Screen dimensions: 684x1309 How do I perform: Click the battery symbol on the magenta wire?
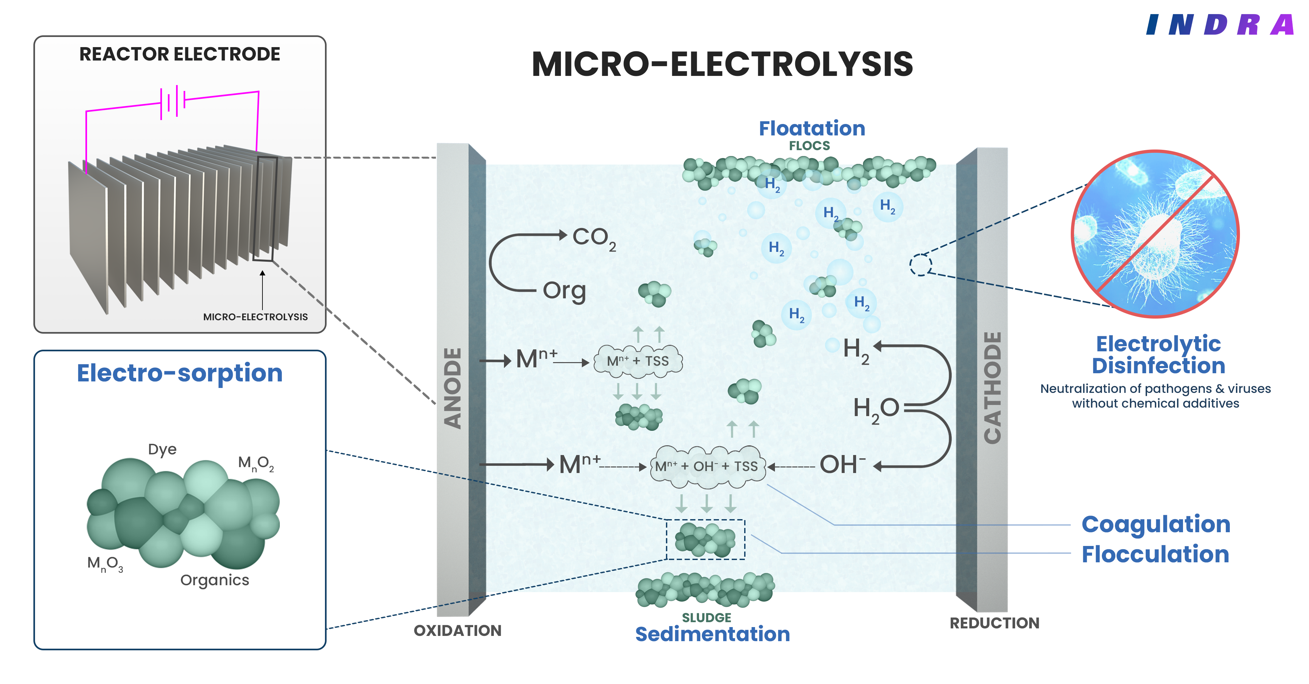pos(173,101)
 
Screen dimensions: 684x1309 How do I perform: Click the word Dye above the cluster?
pos(162,449)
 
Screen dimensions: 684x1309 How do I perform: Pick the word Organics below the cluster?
pos(214,580)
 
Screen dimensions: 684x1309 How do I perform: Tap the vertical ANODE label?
pos(452,389)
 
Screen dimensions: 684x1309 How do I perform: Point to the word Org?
pos(564,291)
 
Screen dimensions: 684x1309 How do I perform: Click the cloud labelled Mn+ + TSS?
pos(638,361)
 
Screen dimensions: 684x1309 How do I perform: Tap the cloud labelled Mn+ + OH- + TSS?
pos(706,466)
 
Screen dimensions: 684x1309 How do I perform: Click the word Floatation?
pos(812,129)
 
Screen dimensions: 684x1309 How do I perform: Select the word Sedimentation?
pos(712,634)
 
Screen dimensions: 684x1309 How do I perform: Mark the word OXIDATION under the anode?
pos(457,631)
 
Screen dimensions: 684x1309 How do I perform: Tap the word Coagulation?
pos(1156,524)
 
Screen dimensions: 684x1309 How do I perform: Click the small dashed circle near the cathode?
pos(920,265)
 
